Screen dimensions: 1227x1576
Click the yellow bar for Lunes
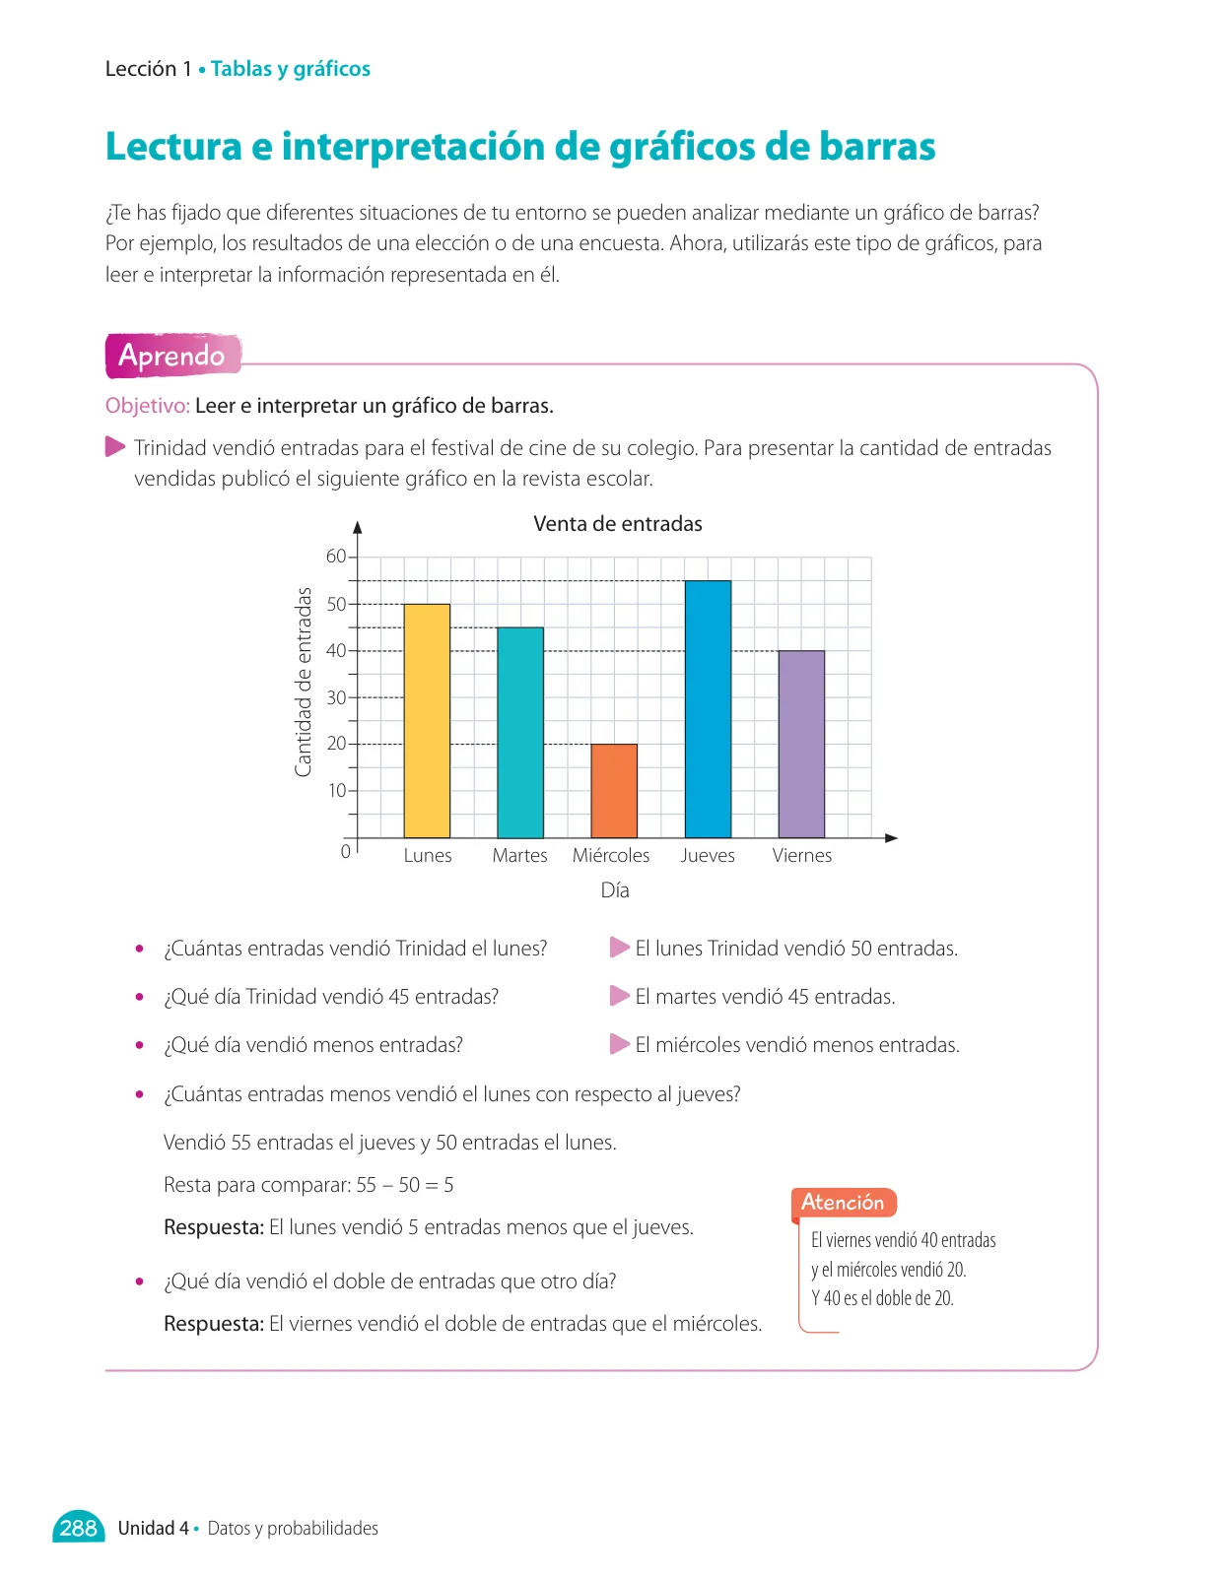click(427, 720)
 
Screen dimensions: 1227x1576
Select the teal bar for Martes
click(520, 732)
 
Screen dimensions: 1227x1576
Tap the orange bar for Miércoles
click(614, 791)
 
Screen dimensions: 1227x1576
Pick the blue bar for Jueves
click(708, 708)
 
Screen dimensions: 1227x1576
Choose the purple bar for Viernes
click(801, 744)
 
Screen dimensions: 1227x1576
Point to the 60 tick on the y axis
click(336, 557)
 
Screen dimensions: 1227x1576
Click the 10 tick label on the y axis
click(337, 790)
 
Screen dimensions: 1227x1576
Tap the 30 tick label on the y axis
click(336, 697)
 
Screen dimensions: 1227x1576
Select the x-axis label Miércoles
click(611, 855)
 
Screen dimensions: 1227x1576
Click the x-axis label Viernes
click(802, 855)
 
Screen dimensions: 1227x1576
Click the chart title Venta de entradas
click(618, 524)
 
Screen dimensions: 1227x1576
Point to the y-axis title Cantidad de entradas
click(304, 682)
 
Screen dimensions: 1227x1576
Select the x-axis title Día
click(615, 889)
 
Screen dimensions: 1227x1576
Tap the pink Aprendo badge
click(172, 356)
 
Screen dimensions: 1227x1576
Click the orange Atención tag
click(844, 1202)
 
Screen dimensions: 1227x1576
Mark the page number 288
click(79, 1528)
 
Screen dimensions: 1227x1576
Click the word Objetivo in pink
click(147, 406)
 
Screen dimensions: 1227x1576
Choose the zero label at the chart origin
click(345, 851)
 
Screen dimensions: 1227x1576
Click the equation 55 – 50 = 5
click(405, 1184)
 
